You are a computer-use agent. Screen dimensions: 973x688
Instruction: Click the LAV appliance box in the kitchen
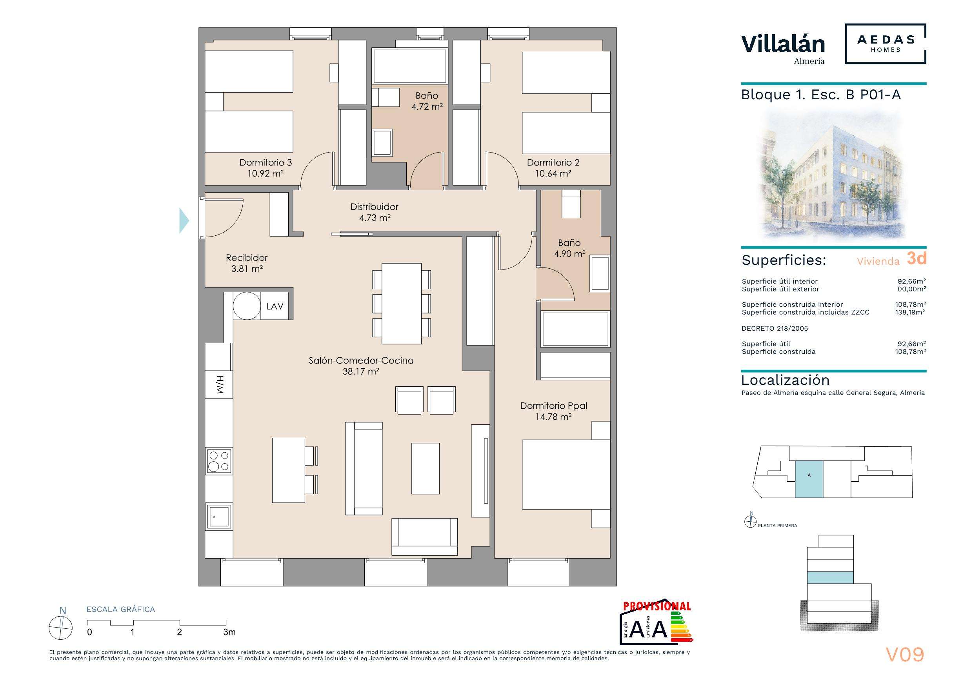tap(275, 306)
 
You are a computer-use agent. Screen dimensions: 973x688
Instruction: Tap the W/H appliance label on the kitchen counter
tap(219, 384)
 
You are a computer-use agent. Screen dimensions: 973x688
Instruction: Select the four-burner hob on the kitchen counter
tap(219, 461)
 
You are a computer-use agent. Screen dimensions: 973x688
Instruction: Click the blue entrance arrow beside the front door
tap(184, 220)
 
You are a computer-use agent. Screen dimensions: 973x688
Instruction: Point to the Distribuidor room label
tap(374, 207)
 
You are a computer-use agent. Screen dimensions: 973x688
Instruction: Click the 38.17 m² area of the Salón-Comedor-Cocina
tap(361, 371)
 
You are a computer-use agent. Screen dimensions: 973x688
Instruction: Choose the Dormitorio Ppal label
tap(553, 406)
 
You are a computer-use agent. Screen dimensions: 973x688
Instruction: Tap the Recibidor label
tap(247, 257)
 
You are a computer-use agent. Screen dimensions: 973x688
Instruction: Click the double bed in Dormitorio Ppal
tap(566, 474)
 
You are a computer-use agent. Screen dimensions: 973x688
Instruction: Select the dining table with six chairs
tap(402, 304)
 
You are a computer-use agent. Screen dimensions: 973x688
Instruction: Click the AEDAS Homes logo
tap(885, 44)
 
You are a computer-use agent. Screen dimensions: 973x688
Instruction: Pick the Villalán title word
tap(783, 44)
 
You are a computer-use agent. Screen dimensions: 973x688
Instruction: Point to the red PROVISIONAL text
tap(657, 606)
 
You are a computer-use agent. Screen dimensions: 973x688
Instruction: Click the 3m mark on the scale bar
tap(229, 632)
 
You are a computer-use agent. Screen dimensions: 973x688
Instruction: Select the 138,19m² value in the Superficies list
tap(910, 312)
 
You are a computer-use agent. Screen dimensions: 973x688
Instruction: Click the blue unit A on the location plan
tap(809, 479)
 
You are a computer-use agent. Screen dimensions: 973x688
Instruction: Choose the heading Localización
tap(785, 380)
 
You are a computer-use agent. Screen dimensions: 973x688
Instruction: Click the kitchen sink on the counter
tap(219, 516)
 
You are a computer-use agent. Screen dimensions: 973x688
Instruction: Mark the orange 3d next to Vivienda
tap(916, 258)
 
